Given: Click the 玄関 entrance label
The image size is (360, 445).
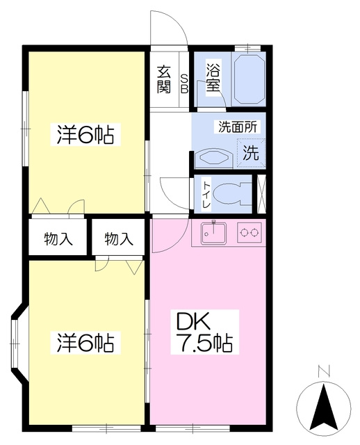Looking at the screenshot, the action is coord(164,79).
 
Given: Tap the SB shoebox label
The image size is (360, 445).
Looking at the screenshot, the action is coord(184,83).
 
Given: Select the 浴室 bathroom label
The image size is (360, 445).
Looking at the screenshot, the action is coord(213,77).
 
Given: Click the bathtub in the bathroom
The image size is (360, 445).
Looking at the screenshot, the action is coord(249,79).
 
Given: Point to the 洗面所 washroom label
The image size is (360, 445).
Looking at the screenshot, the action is coord(238,127).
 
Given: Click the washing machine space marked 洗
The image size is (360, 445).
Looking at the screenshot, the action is coord(252,153).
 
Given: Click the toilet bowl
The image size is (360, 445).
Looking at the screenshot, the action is coord(231,193).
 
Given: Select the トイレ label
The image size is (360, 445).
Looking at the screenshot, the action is coord(206,195).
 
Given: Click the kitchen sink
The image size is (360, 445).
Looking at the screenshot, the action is coord(213,233).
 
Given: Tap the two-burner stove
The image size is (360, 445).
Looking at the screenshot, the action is coord(249,232).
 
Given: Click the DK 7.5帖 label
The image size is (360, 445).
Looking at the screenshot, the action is coord(204,332).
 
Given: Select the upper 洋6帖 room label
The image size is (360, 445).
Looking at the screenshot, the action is coord(85,134).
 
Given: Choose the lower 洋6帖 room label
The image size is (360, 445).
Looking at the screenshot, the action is coord(85,342).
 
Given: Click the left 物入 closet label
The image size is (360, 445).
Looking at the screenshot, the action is coord(58,239).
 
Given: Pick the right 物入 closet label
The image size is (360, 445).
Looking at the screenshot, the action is coord(119,239).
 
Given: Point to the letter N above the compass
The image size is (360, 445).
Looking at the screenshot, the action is coord(325,371).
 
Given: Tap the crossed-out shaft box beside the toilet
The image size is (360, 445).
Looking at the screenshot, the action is coord(261,194).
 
